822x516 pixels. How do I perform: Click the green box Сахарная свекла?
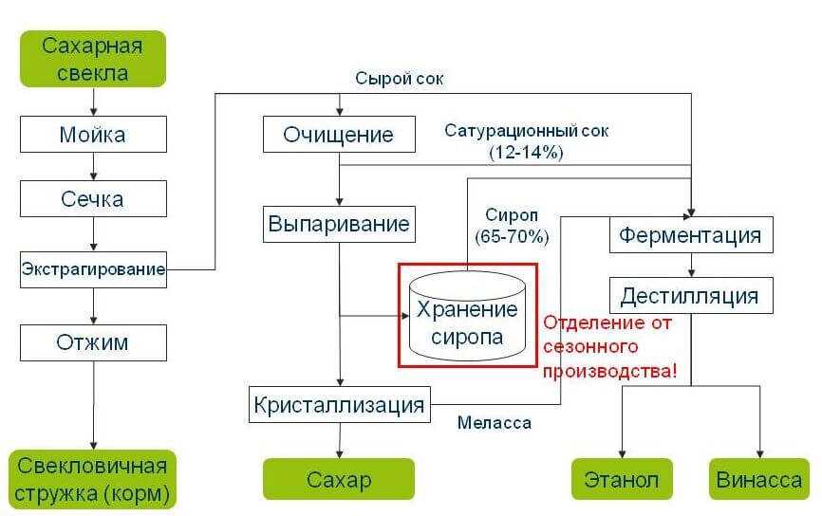point(92,59)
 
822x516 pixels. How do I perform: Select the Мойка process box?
point(92,135)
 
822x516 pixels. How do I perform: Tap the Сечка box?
point(92,199)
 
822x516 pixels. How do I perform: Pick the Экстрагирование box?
point(93,269)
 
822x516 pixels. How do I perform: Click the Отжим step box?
point(92,341)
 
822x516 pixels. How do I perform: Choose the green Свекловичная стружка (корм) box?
point(92,480)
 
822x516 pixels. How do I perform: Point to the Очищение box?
point(339,135)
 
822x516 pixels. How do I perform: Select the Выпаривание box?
point(339,225)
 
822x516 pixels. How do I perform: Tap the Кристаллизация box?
point(339,405)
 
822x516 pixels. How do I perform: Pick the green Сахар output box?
point(339,479)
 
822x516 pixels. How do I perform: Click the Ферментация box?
point(690,234)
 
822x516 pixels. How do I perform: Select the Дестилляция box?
point(690,296)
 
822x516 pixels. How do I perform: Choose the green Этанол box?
point(622,479)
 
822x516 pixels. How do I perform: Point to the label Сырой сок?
point(400,79)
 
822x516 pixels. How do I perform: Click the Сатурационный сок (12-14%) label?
point(527,140)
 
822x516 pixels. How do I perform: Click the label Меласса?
point(494,423)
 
